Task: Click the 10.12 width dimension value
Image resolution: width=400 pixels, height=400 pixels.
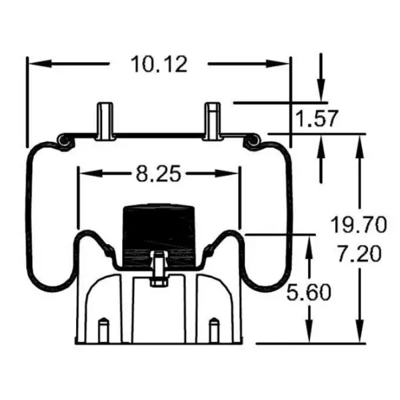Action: (x=159, y=64)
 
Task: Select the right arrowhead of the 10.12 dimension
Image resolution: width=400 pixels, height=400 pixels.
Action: (x=284, y=64)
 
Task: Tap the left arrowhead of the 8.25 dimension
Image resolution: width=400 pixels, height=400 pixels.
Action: (x=85, y=174)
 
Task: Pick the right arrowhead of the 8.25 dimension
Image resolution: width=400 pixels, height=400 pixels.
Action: (x=233, y=174)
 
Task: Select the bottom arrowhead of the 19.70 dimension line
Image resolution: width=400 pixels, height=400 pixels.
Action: (x=360, y=337)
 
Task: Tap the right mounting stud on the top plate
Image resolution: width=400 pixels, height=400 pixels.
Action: (x=211, y=121)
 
